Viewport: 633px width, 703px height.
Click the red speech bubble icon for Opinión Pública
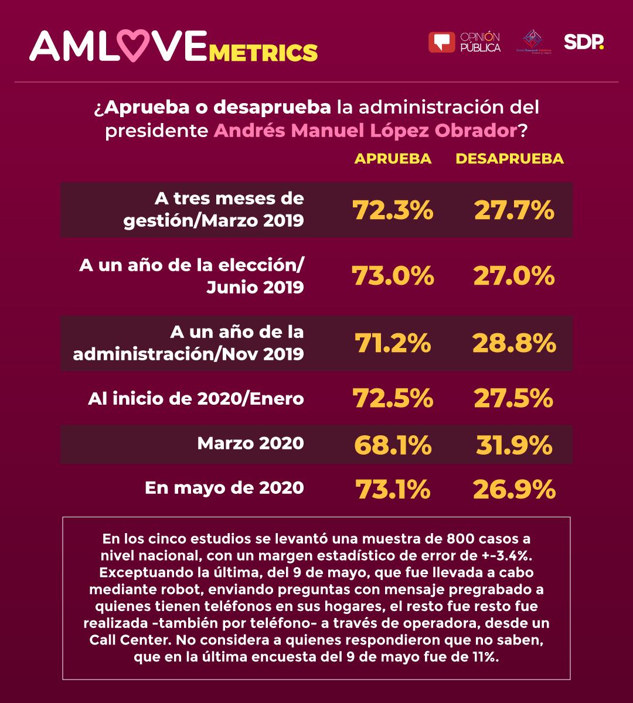coord(441,42)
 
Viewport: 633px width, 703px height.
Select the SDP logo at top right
coord(583,42)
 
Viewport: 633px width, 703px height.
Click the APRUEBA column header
coord(393,159)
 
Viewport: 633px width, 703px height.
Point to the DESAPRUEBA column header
coord(509,159)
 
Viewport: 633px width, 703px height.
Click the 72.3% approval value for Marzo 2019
coord(393,210)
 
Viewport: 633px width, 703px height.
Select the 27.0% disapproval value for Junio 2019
coord(514,276)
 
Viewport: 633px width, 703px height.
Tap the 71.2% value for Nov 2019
coord(393,343)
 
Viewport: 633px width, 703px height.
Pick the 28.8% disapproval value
coord(514,343)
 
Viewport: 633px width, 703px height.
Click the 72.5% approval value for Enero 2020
coord(393,398)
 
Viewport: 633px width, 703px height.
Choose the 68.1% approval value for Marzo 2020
coord(393,445)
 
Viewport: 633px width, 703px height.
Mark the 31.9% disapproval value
coord(514,445)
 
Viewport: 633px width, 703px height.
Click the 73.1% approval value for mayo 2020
coord(393,489)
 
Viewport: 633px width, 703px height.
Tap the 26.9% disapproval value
coord(514,489)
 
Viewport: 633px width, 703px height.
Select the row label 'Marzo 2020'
coord(250,443)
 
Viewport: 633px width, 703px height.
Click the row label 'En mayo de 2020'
coord(224,487)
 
